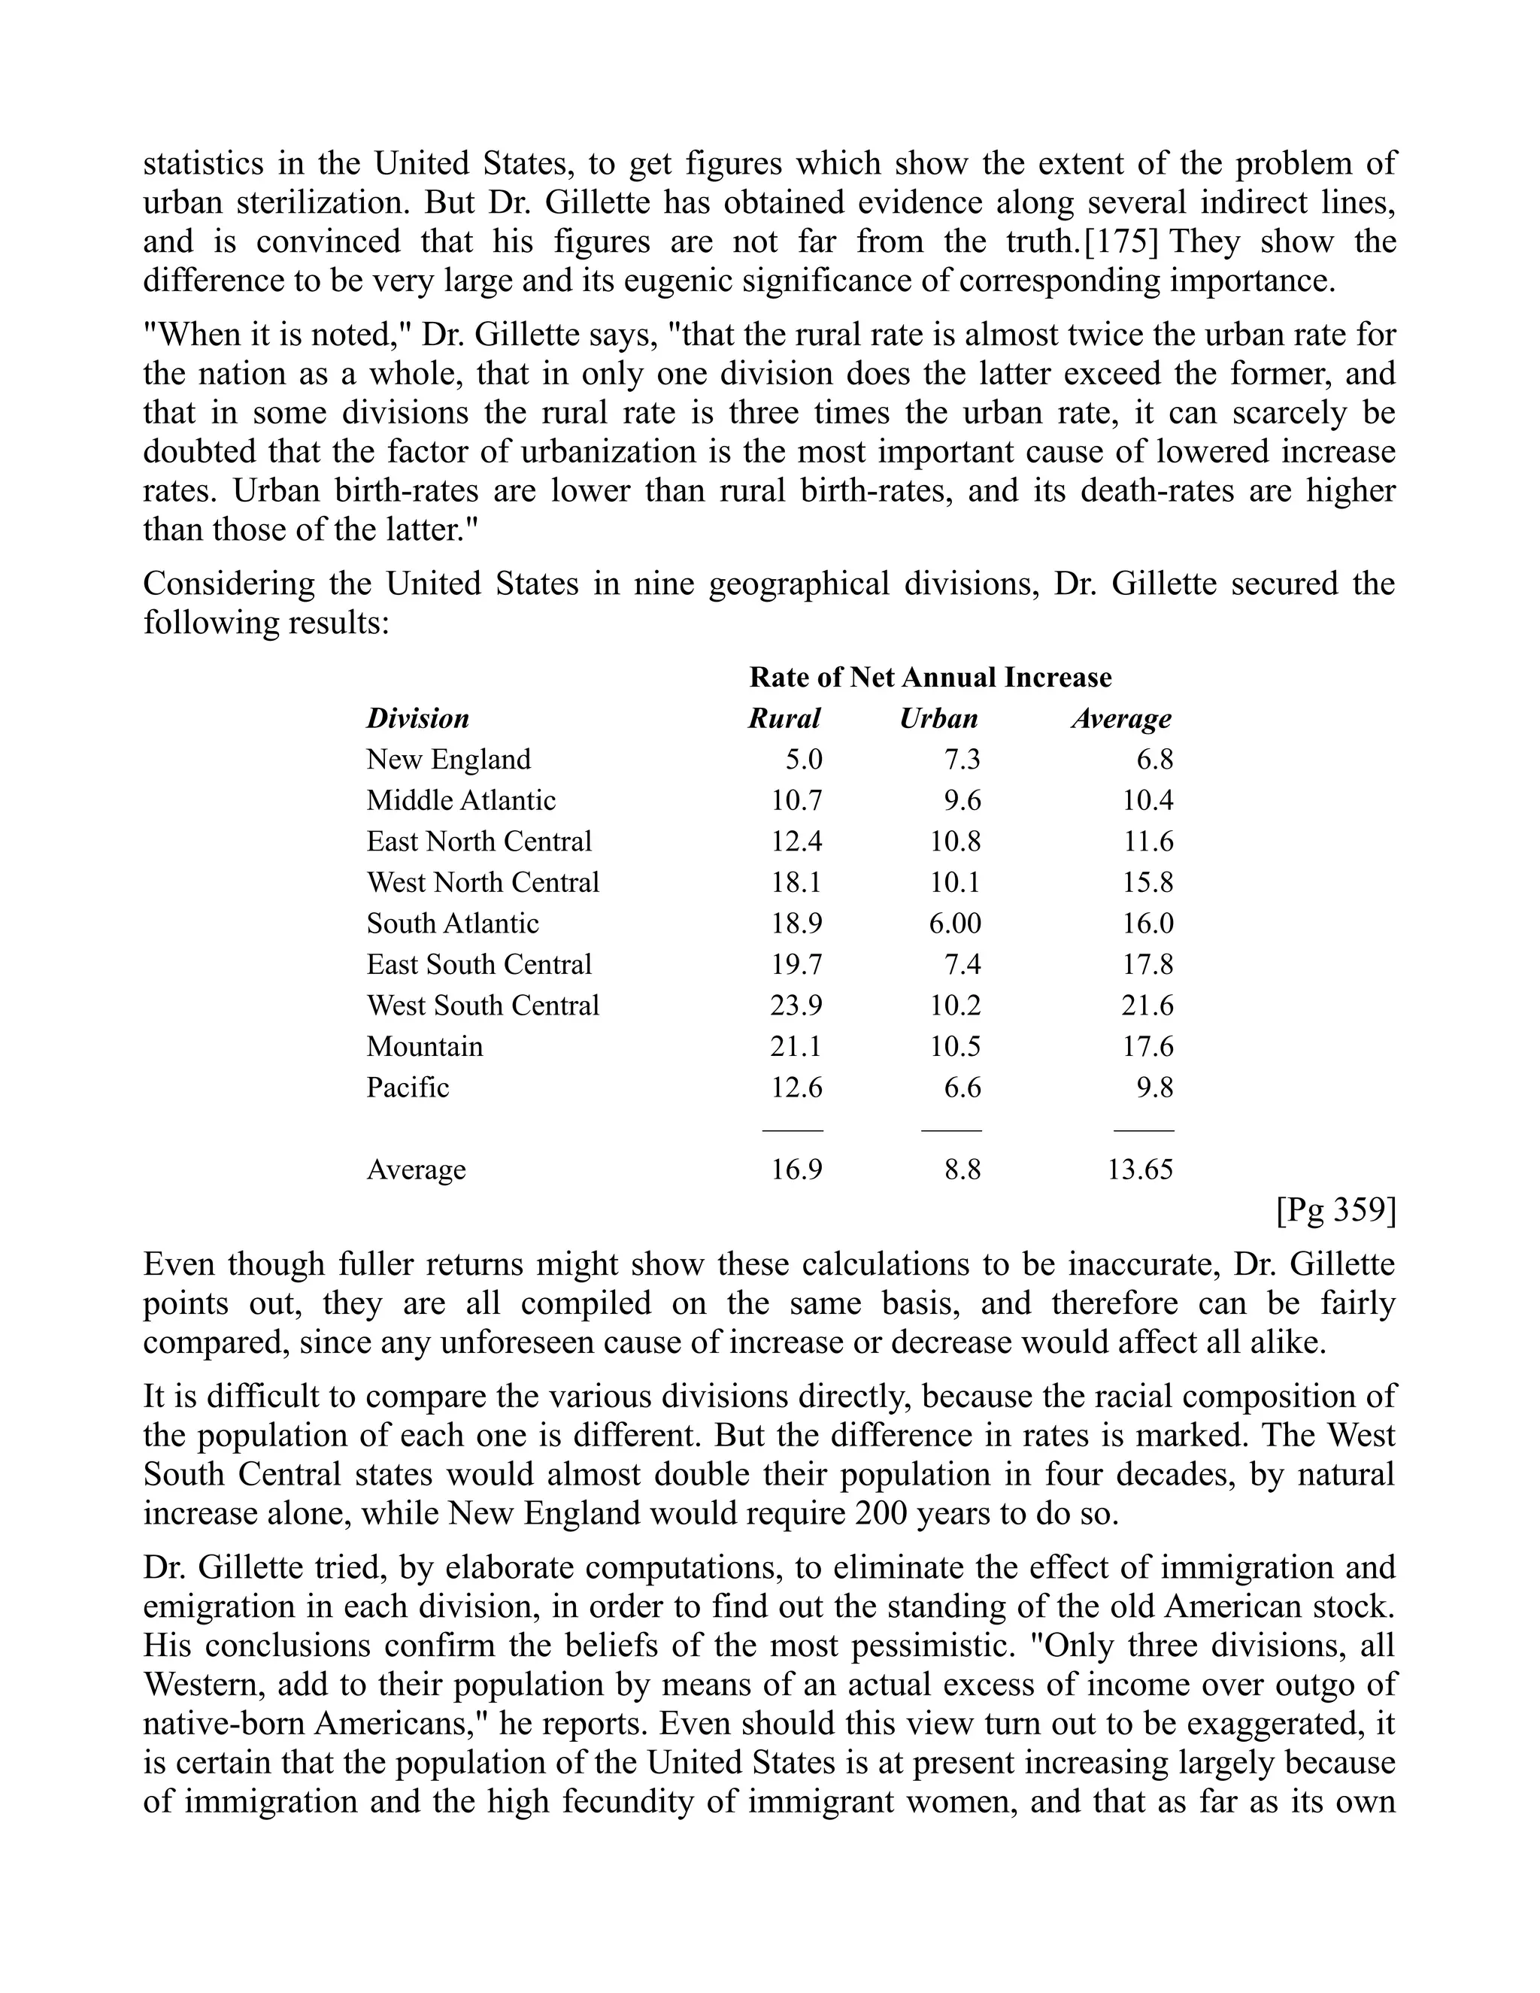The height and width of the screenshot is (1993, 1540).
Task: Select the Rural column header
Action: tap(784, 718)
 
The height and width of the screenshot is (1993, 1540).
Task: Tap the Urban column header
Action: tap(938, 718)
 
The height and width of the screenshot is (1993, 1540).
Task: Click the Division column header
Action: tap(418, 718)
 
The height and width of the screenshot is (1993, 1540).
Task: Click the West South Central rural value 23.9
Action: tap(796, 1005)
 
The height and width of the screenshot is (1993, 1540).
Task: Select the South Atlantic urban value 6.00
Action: tap(954, 923)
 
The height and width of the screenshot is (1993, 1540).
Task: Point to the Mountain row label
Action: tap(424, 1046)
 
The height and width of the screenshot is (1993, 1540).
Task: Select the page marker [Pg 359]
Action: tap(1335, 1210)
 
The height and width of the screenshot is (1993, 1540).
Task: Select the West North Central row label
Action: tap(483, 881)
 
